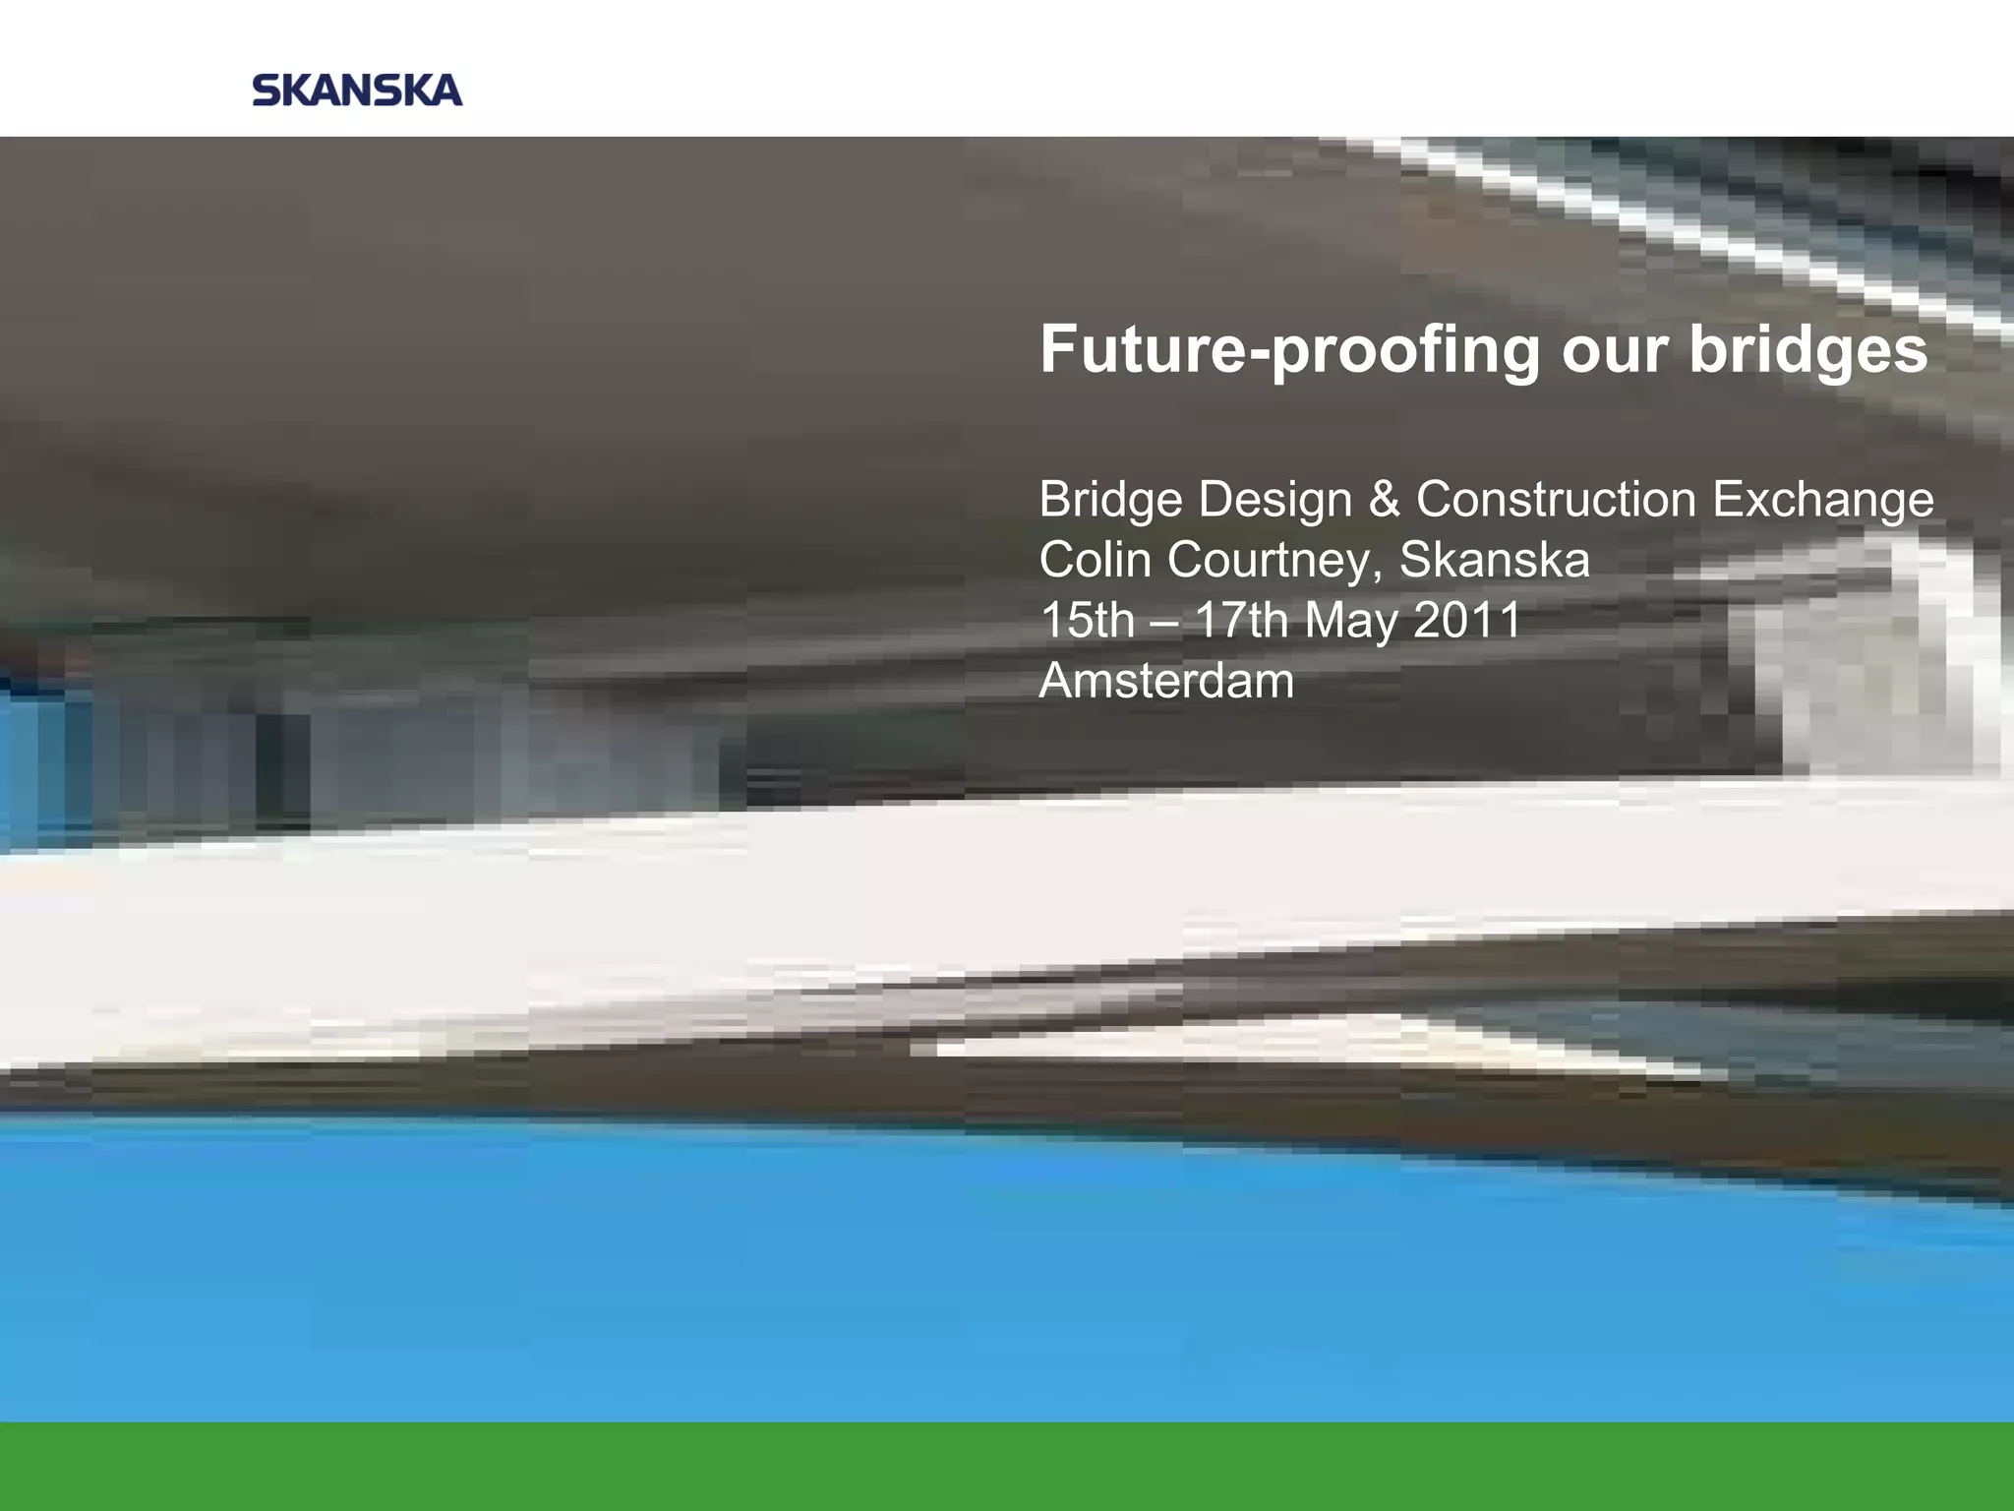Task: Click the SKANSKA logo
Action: [357, 91]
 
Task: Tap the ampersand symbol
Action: [1384, 501]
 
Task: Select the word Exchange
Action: [1823, 501]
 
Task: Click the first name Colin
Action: [1095, 561]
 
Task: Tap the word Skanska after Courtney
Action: [1494, 561]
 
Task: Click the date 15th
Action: [1087, 621]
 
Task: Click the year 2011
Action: [1467, 621]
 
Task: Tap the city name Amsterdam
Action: [1166, 681]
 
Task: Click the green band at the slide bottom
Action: [1007, 1466]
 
